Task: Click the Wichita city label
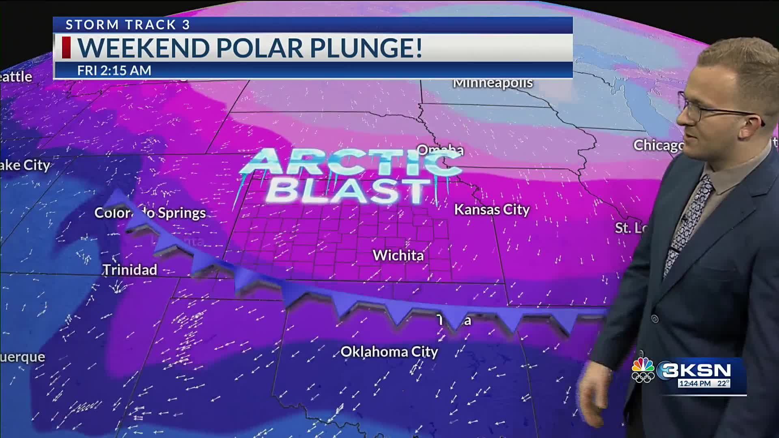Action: tap(398, 255)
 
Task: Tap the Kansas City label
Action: tap(491, 210)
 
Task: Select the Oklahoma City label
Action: tap(389, 352)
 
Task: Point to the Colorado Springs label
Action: tap(150, 213)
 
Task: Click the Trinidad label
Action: tap(130, 270)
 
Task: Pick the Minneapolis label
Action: tap(493, 83)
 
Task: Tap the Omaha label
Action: tap(440, 150)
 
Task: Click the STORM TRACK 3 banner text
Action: tap(128, 25)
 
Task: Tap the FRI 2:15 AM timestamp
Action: tap(114, 71)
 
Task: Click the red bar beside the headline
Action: tap(66, 47)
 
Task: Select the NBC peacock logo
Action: tap(643, 370)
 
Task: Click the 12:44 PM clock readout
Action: tap(695, 383)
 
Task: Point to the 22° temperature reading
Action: tap(723, 383)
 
